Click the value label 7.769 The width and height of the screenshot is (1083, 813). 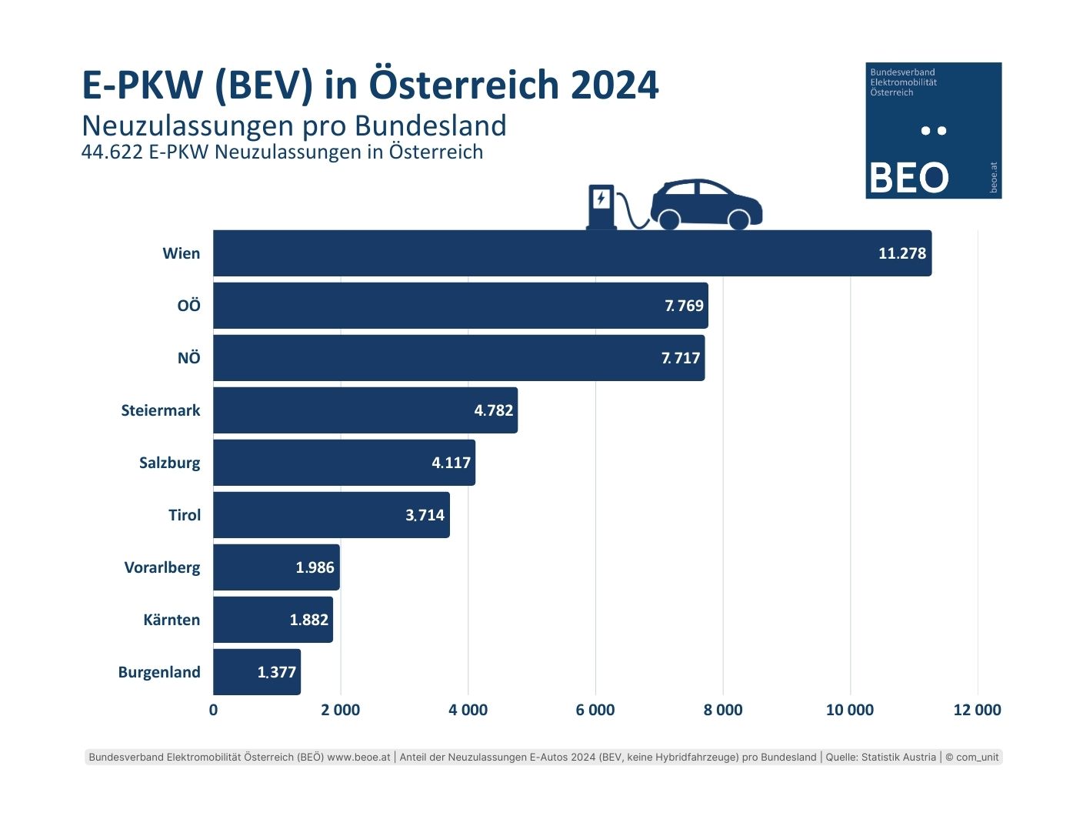[684, 306]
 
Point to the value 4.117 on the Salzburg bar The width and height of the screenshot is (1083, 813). [451, 463]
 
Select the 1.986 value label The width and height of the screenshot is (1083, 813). [315, 567]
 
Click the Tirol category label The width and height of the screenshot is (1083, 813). [185, 515]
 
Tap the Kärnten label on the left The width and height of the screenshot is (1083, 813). [172, 620]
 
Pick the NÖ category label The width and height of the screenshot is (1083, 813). [188, 358]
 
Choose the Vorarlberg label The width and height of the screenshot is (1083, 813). [162, 567]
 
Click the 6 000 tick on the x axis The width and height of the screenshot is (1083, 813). [595, 710]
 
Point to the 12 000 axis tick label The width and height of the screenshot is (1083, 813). [977, 710]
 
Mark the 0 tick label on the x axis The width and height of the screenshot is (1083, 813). [213, 710]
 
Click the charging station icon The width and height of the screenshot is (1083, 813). [601, 206]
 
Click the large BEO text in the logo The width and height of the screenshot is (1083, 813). [908, 178]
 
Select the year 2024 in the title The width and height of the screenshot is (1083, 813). [615, 85]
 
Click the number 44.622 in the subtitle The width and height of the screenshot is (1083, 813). [112, 152]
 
